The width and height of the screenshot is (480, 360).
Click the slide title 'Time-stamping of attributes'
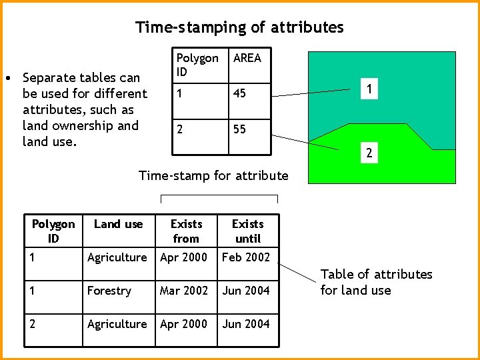click(x=239, y=27)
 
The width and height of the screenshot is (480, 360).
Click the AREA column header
click(x=247, y=59)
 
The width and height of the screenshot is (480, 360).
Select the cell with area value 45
click(x=239, y=93)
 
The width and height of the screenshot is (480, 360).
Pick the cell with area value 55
click(x=239, y=129)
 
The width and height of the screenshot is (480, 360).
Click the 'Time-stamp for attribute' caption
click(x=213, y=176)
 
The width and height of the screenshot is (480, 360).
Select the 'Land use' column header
click(x=118, y=225)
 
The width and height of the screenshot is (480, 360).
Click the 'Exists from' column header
click(x=186, y=231)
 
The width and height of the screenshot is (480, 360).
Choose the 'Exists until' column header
click(x=247, y=231)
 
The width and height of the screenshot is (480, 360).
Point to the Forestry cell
click(x=109, y=291)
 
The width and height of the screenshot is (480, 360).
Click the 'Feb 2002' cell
click(x=246, y=257)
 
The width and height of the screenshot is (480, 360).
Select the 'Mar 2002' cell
click(x=183, y=291)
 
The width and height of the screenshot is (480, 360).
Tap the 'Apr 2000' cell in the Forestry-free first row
click(x=183, y=257)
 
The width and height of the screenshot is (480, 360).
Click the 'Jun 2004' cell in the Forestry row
click(x=246, y=291)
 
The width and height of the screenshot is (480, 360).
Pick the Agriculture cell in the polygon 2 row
click(x=117, y=324)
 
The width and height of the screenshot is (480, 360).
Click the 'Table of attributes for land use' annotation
click(x=376, y=282)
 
